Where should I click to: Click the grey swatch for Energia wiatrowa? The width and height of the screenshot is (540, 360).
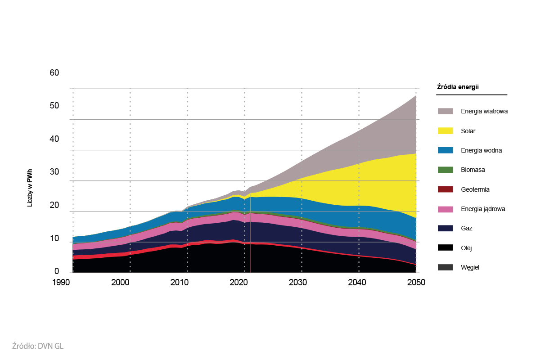(x=445, y=111)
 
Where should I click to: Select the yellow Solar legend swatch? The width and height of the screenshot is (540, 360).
(x=445, y=131)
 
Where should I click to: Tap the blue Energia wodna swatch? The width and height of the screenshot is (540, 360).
(x=445, y=150)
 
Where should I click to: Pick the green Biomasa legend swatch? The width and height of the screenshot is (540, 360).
(x=445, y=170)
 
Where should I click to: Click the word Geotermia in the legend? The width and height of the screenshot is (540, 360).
(x=475, y=189)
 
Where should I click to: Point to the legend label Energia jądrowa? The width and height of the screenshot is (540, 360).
(x=482, y=209)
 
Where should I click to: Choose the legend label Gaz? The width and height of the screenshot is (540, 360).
(x=467, y=229)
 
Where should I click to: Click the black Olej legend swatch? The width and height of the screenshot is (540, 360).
(x=445, y=248)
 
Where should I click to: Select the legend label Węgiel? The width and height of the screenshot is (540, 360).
(x=470, y=267)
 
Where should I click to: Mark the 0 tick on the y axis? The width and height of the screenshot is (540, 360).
(x=57, y=271)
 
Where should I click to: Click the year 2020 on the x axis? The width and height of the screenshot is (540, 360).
(x=238, y=282)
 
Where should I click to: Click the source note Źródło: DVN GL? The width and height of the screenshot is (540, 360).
(x=40, y=346)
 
